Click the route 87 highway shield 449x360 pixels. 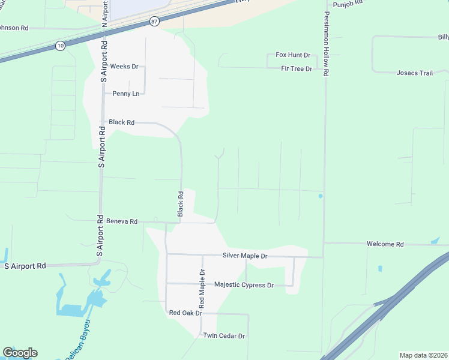[155, 22]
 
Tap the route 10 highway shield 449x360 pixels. [59, 46]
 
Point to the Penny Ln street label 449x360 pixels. [126, 94]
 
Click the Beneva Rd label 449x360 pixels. [122, 221]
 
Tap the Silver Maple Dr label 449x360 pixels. [245, 256]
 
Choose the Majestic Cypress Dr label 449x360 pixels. [244, 285]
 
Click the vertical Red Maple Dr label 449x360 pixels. [202, 284]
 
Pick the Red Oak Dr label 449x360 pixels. [185, 313]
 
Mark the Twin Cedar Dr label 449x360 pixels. [224, 335]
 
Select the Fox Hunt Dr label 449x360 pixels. [293, 55]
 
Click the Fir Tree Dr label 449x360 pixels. [297, 68]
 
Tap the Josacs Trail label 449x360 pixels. [414, 73]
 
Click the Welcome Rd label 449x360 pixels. [385, 244]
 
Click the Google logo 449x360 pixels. [20, 353]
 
